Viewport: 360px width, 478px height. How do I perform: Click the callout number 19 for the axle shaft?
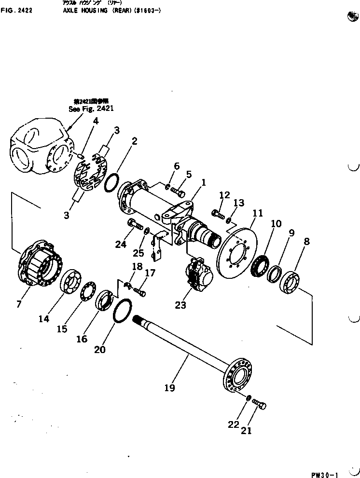(169, 387)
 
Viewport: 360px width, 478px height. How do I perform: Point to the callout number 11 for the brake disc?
(258, 212)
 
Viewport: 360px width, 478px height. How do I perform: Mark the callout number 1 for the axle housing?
(204, 183)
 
